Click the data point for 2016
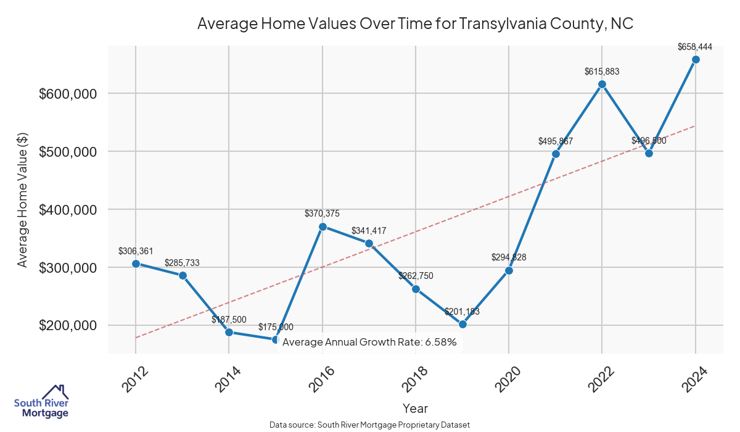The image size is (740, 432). click(323, 226)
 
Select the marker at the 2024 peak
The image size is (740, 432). click(696, 59)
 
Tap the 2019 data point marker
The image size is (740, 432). click(462, 324)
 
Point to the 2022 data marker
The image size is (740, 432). click(602, 84)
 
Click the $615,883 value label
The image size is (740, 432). click(602, 72)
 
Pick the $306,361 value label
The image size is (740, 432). click(136, 251)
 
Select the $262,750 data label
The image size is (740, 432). click(416, 276)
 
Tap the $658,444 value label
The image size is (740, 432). click(695, 46)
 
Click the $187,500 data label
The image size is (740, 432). click(229, 320)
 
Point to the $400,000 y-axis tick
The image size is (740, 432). click(68, 210)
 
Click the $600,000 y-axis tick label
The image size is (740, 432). click(68, 94)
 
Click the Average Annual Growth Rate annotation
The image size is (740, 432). click(369, 342)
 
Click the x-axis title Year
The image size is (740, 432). click(415, 408)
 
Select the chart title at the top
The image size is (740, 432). click(415, 23)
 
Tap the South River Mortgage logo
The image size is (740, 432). click(41, 401)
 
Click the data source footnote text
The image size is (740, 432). click(369, 425)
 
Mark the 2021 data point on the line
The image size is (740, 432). click(556, 154)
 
